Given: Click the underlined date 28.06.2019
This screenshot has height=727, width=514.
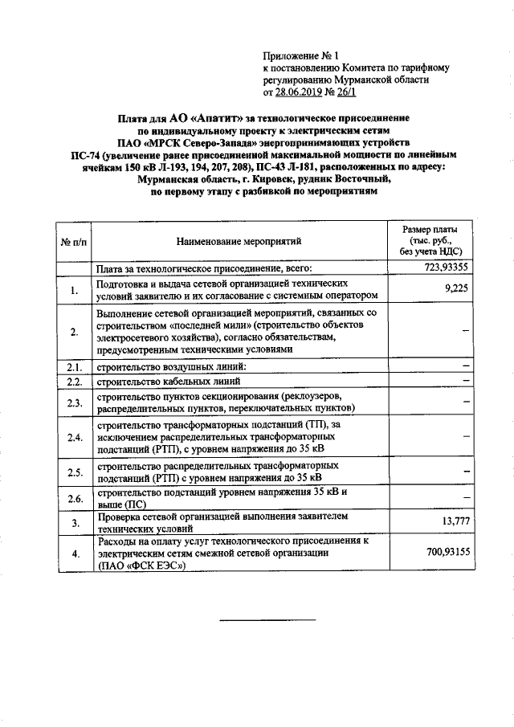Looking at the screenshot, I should point(300,92).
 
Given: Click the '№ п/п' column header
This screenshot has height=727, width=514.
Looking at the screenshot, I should point(73,240).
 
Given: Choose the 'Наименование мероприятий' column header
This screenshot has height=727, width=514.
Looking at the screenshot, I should point(240,240).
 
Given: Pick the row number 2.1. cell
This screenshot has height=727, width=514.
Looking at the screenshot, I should point(73,367).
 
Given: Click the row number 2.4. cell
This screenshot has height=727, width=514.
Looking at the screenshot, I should point(73,438).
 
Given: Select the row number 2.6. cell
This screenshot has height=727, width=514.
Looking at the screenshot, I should point(73,499).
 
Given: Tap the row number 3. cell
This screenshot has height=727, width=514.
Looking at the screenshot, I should point(73,524).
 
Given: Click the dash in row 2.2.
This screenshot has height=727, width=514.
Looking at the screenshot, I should point(465,381).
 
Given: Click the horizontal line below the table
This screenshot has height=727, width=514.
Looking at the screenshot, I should point(268,620).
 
